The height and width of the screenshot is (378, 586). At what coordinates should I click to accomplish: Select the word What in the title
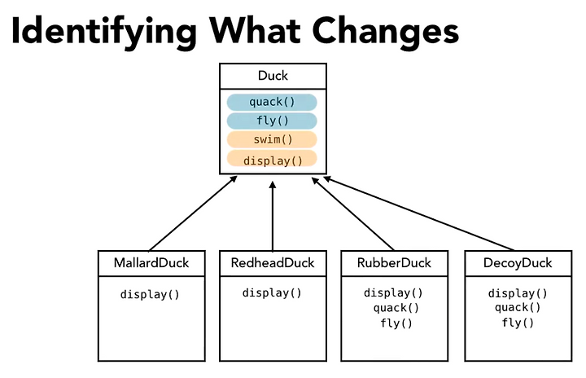coord(255,30)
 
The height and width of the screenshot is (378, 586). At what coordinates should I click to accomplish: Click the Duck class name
coord(273,76)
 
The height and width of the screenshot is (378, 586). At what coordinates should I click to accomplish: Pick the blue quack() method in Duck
coord(272,102)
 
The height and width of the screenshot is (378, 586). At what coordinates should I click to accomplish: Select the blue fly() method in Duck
coord(272,121)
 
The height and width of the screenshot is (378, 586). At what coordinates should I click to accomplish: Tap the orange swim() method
coord(272,139)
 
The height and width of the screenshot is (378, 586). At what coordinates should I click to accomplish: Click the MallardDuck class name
coord(151,263)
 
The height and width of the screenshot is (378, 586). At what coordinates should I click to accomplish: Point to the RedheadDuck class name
coord(273,263)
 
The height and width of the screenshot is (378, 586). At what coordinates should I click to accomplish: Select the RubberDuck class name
coord(394,263)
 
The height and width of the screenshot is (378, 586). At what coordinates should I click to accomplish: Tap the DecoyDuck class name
coord(518,263)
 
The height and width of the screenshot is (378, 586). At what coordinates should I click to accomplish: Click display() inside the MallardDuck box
coord(150,295)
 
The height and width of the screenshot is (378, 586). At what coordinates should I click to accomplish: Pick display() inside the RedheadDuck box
coord(272,292)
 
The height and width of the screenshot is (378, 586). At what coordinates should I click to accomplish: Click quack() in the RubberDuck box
coord(396,308)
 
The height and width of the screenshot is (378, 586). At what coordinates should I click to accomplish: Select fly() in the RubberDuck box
coord(396,323)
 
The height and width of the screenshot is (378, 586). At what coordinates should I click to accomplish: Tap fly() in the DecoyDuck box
coord(518,323)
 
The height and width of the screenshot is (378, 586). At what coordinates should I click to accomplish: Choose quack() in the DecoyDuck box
coord(518,308)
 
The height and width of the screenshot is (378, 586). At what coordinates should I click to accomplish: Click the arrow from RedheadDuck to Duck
coord(273,217)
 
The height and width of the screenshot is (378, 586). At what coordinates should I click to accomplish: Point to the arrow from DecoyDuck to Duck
coord(418,213)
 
